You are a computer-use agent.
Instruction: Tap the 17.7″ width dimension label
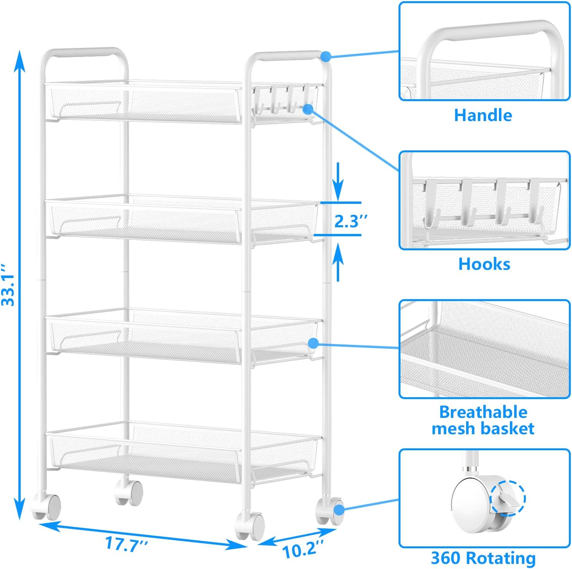[x=126, y=544]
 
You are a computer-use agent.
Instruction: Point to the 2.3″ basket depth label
[x=351, y=221]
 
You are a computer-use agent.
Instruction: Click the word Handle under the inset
[x=483, y=115]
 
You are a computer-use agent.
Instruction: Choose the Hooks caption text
[x=484, y=264]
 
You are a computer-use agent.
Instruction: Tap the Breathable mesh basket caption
[x=483, y=420]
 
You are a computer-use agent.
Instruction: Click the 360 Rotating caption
[x=483, y=558]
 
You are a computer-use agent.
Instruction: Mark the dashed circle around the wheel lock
[x=508, y=498]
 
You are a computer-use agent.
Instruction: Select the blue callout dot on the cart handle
[x=326, y=56]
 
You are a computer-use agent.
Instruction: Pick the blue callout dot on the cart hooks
[x=308, y=109]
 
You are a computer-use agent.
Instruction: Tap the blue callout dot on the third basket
[x=313, y=343]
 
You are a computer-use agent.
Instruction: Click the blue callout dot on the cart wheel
[x=339, y=510]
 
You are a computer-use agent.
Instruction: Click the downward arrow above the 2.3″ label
[x=338, y=180]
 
